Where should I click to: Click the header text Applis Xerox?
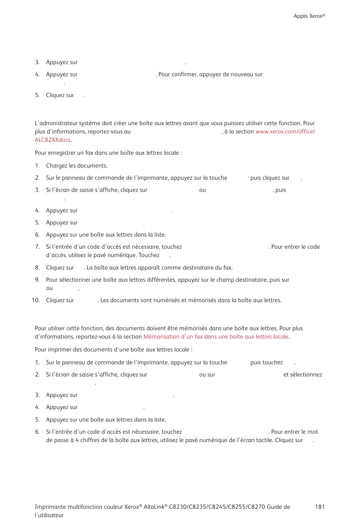[x=309, y=16]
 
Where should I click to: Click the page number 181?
[x=319, y=507]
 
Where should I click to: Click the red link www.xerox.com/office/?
[x=285, y=132]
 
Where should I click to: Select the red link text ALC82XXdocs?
[x=52, y=140]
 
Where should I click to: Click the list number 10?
[x=36, y=300]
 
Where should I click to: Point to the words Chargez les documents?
[x=77, y=166]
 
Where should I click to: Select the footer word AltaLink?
[x=154, y=507]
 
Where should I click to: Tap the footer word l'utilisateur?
[x=49, y=515]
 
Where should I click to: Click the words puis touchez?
[x=266, y=362]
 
